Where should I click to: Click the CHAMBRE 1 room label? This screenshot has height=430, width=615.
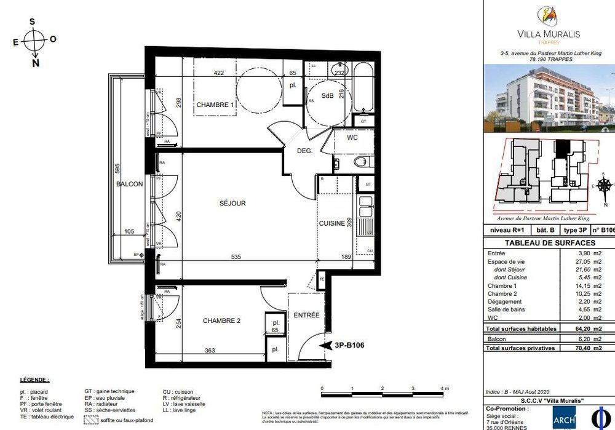tap(215, 105)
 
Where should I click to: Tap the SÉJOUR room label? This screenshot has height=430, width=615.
tap(232, 203)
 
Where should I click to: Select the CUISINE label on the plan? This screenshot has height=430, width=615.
tap(331, 224)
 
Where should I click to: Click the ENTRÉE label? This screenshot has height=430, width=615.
tap(306, 315)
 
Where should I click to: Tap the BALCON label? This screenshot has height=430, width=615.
tap(130, 184)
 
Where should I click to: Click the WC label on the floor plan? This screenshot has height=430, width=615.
tap(352, 138)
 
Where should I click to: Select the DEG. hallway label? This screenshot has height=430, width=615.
tap(305, 150)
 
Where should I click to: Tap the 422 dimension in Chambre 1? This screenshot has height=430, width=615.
tap(218, 73)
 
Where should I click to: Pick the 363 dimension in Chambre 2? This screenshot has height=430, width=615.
tap(210, 350)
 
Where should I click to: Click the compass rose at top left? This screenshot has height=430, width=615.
tap(35, 41)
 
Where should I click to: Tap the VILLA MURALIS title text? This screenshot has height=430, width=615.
tap(549, 34)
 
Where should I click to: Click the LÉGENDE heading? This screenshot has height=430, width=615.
tap(34, 381)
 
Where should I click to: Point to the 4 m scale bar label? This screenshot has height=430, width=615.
tap(444, 389)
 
